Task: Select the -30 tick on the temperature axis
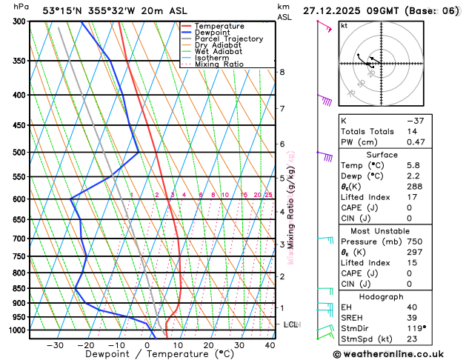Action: point(55,345)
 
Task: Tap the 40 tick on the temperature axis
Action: point(270,345)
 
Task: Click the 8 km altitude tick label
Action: point(282,72)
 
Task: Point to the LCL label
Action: point(290,324)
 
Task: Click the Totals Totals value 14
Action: point(412,131)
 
